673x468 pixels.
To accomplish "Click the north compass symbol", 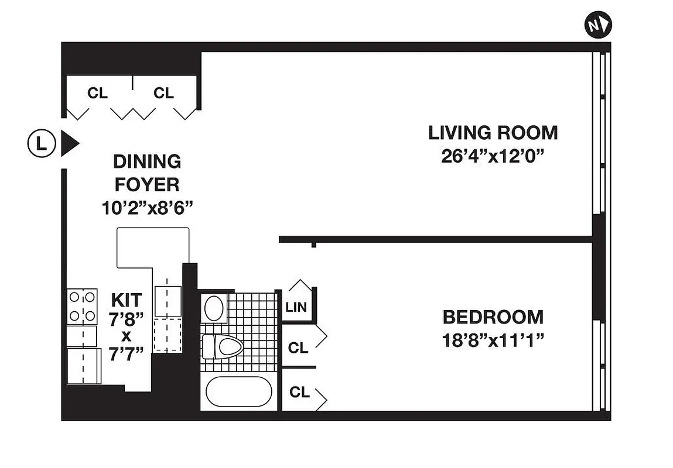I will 597,25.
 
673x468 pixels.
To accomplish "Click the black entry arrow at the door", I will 70,143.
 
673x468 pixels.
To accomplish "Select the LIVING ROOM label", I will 493,133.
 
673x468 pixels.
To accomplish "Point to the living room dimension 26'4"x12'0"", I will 493,157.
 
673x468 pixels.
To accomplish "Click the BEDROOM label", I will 493,317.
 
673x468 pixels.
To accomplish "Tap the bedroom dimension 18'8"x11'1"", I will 493,340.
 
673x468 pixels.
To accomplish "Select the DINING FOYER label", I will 146,173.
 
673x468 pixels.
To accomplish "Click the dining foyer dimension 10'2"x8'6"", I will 146,208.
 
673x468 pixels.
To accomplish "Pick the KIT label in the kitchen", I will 127,301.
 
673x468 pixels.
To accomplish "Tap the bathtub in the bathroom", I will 239,391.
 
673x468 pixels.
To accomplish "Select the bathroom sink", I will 214,307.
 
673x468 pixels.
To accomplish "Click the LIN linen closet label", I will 296,308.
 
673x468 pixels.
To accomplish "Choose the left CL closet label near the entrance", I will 97,93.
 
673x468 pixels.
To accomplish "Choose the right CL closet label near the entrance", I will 164,93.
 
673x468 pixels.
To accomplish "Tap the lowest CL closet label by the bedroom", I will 299,393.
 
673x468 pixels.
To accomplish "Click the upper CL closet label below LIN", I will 298,348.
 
